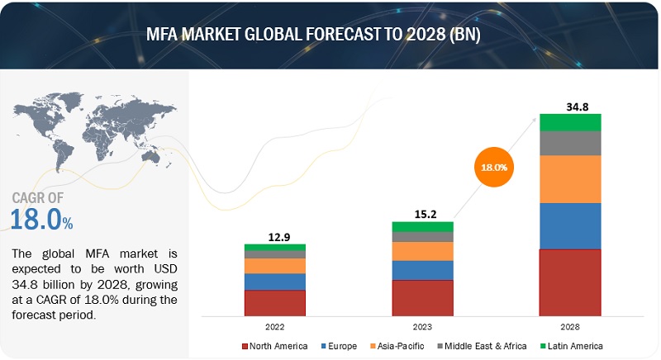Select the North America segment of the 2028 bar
[570, 282]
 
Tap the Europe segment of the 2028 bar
[570, 225]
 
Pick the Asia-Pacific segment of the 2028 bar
[570, 179]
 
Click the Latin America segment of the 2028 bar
[570, 122]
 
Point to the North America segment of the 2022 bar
[275, 302]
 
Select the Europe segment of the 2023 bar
[422, 270]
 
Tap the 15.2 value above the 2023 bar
[422, 212]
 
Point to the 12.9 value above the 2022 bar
[275, 236]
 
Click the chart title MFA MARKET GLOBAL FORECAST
[330, 36]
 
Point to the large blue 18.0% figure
[41, 220]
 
